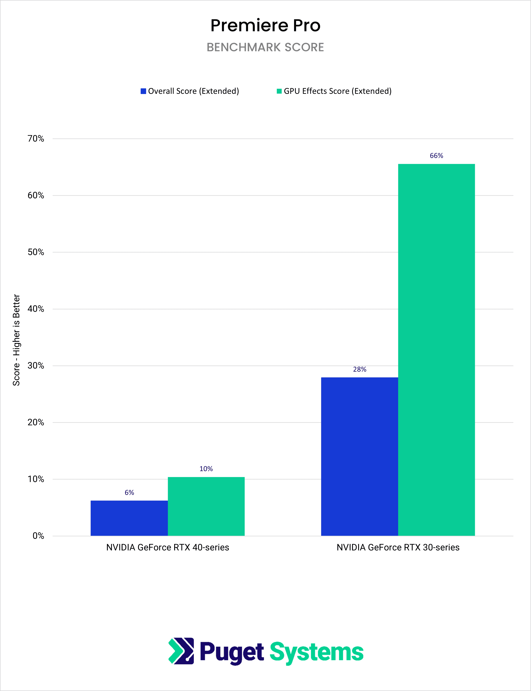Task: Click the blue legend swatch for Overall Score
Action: (143, 91)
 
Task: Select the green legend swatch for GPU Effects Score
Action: (279, 91)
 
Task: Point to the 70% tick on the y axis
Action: (36, 138)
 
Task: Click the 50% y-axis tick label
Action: (36, 252)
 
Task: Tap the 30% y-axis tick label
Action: (36, 366)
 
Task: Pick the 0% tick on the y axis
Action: (38, 536)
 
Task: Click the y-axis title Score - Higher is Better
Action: (16, 340)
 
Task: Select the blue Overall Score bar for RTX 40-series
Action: (129, 518)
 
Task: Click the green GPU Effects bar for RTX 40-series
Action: (206, 506)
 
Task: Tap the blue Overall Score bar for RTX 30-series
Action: (360, 456)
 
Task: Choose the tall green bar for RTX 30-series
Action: (436, 350)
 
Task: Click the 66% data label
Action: (436, 156)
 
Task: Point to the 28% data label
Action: (360, 369)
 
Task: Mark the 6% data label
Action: (129, 492)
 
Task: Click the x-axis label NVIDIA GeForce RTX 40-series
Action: (168, 547)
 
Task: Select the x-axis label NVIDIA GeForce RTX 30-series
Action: (398, 547)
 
